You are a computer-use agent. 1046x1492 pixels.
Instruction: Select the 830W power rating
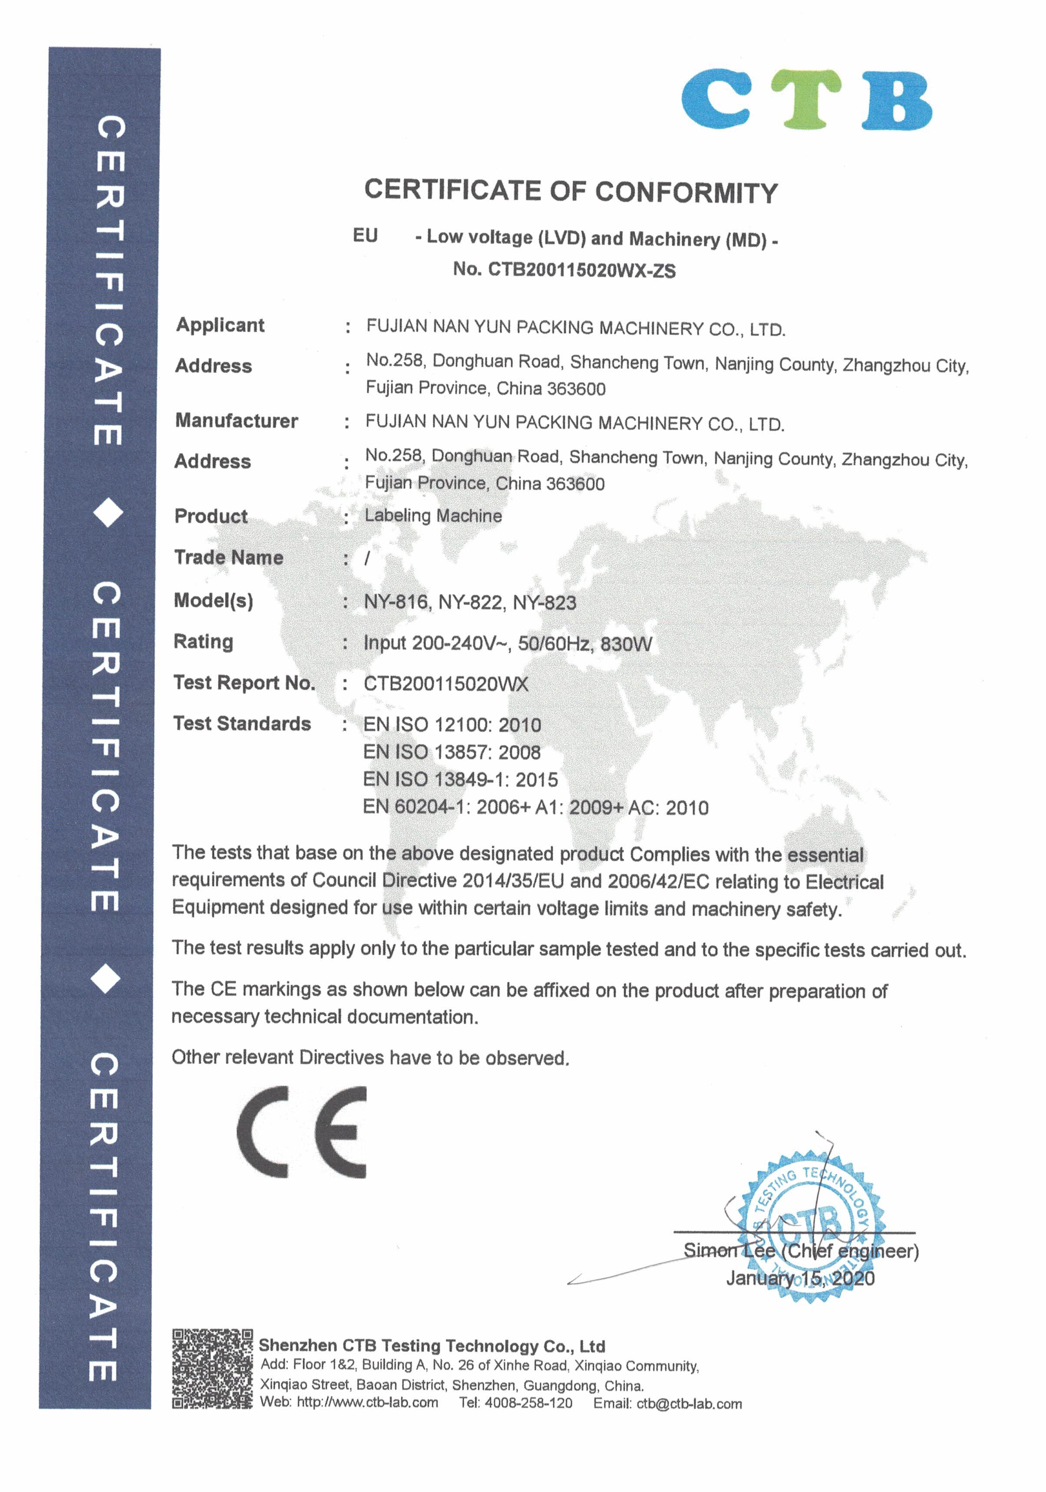pyautogui.click(x=626, y=644)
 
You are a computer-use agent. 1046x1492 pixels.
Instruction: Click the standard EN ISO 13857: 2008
pyautogui.click(x=452, y=752)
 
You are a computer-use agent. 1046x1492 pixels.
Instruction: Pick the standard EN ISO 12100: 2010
pyautogui.click(x=452, y=725)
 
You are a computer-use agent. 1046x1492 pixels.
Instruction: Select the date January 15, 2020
pyautogui.click(x=800, y=1279)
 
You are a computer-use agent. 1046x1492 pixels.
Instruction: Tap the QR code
pyautogui.click(x=212, y=1369)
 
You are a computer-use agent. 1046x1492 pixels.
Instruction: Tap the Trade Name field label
pyautogui.click(x=228, y=557)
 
